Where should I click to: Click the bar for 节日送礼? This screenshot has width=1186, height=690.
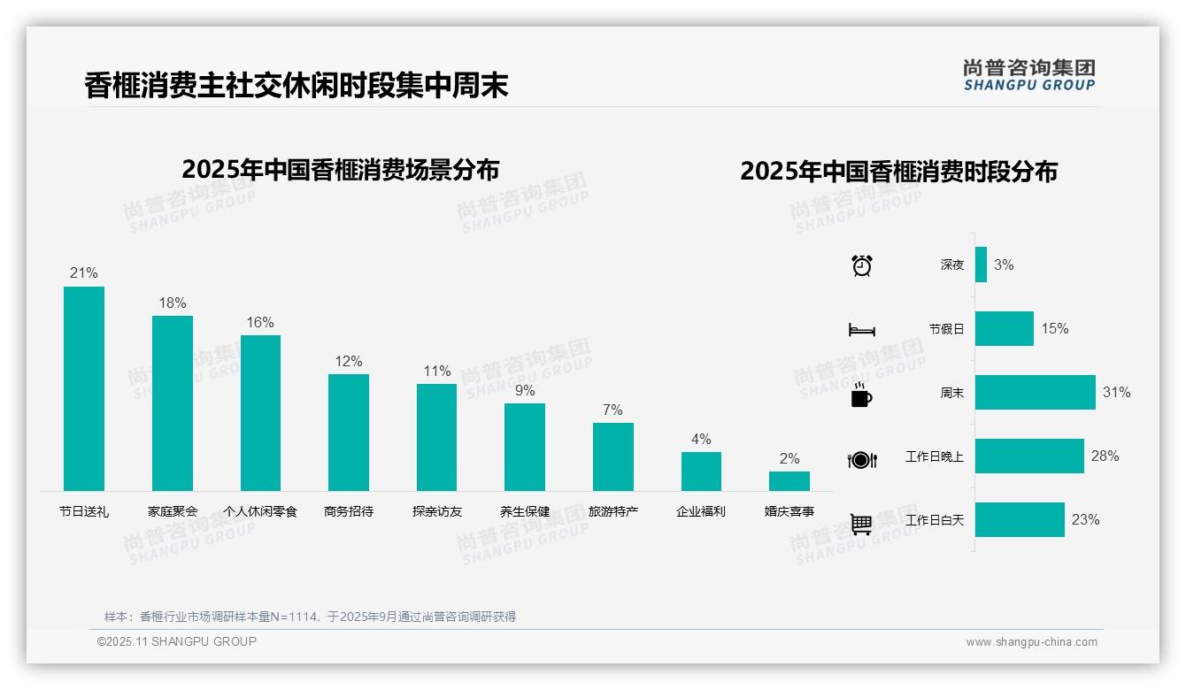pyautogui.click(x=84, y=388)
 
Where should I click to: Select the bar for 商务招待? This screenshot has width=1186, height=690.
pyautogui.click(x=349, y=432)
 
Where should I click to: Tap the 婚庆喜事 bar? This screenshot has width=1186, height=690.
pyautogui.click(x=789, y=481)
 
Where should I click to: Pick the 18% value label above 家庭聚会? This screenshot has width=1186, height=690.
pyautogui.click(x=173, y=303)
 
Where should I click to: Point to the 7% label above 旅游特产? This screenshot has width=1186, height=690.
pyautogui.click(x=612, y=410)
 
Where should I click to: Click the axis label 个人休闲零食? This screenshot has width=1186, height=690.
pyautogui.click(x=260, y=511)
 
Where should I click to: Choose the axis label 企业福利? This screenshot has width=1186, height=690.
pyautogui.click(x=701, y=511)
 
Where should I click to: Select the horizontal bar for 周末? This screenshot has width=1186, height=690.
pyautogui.click(x=1035, y=392)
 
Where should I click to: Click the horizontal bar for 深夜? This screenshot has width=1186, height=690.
pyautogui.click(x=981, y=264)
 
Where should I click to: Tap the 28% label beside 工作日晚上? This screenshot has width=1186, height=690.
pyautogui.click(x=1105, y=456)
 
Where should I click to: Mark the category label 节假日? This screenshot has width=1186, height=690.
pyautogui.click(x=946, y=328)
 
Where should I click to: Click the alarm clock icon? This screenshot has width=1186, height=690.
pyautogui.click(x=862, y=265)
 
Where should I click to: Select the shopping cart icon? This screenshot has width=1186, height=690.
pyautogui.click(x=861, y=525)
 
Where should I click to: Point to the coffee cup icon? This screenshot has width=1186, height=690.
pyautogui.click(x=861, y=395)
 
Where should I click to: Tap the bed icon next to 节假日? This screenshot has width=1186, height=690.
pyautogui.click(x=861, y=330)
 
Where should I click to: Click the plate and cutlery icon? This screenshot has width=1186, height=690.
pyautogui.click(x=861, y=460)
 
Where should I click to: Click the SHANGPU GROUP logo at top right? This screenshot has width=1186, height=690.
pyautogui.click(x=1029, y=75)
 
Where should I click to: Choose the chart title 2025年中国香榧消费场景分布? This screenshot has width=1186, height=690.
pyautogui.click(x=341, y=170)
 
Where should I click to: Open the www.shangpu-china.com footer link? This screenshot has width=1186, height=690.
pyautogui.click(x=1031, y=642)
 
